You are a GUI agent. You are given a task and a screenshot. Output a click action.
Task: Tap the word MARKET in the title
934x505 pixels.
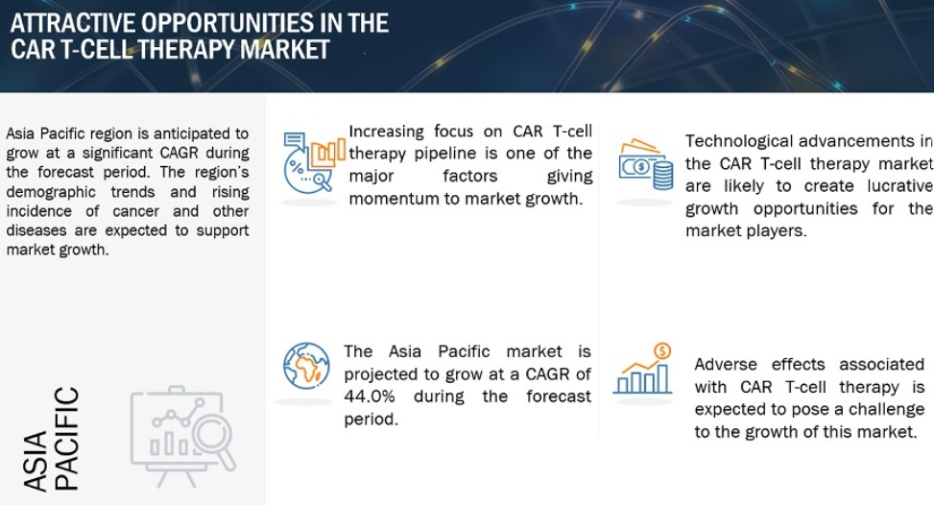tap(285, 49)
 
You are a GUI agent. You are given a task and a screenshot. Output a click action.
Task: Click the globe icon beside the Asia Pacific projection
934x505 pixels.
tap(306, 366)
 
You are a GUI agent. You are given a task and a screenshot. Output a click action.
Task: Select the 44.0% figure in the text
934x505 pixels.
tap(370, 397)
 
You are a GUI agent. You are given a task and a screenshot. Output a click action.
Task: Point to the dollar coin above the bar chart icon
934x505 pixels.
tap(662, 351)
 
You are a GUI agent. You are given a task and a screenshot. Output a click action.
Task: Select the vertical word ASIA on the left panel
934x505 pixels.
tap(36, 461)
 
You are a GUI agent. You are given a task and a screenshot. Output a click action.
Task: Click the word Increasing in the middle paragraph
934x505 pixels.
tap(387, 132)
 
